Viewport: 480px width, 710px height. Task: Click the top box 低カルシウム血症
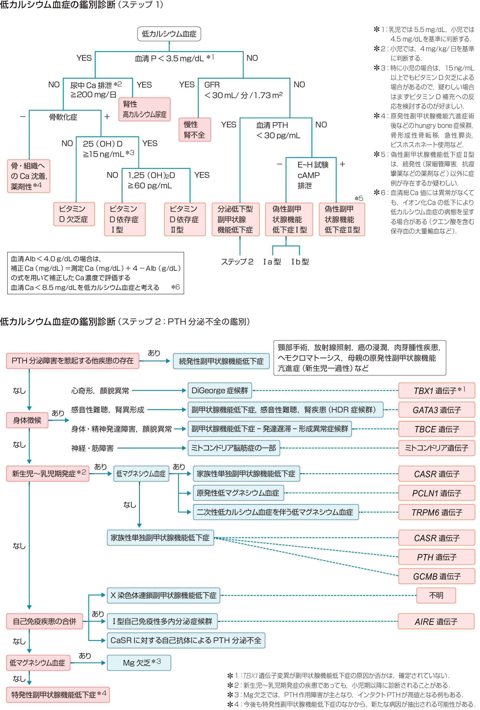169,34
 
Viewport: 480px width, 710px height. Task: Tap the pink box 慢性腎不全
194,130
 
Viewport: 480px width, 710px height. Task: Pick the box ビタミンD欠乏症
74,214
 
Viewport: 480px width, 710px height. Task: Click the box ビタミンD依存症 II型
185,219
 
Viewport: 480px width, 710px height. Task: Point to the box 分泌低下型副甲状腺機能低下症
235,219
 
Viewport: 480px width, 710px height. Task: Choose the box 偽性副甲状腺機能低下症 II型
342,219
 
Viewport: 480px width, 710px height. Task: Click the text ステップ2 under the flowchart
237,262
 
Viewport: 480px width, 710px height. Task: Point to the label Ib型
300,262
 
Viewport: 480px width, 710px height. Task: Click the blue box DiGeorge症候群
219,390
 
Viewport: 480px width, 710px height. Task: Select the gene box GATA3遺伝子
436,410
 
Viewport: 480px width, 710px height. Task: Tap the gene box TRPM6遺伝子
436,512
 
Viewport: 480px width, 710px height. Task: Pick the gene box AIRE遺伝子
436,621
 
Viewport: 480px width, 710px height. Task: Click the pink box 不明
436,595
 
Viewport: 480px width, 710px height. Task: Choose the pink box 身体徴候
27,420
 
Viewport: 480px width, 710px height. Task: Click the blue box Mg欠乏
139,663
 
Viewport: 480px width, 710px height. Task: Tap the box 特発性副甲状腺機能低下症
58,695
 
